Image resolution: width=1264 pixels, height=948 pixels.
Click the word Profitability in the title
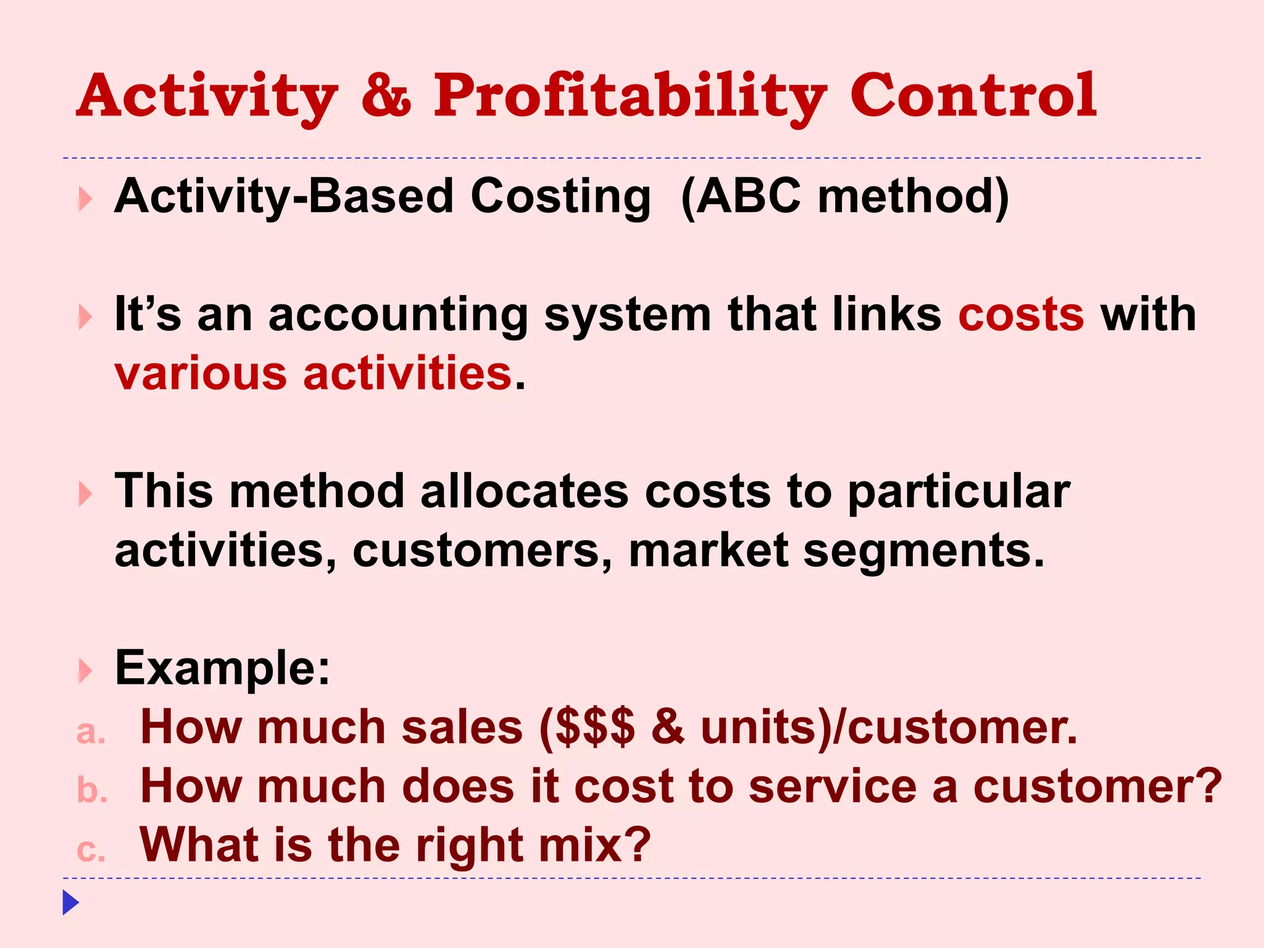tap(630, 96)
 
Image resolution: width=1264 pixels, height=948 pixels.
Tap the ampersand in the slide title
tap(386, 96)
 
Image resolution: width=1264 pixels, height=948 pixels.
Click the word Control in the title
tap(973, 96)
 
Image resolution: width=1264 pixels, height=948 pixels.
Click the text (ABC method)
tap(845, 196)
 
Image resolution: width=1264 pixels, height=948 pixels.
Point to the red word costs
tap(1021, 315)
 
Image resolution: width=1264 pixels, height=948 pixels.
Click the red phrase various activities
tap(314, 373)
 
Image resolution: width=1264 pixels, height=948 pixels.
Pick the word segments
tap(923, 551)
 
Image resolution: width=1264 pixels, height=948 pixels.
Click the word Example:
tap(223, 668)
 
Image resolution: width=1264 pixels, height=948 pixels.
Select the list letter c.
tap(90, 850)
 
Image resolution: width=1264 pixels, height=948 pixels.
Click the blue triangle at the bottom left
tap(70, 903)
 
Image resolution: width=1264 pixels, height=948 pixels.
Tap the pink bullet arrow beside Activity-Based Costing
tap(85, 199)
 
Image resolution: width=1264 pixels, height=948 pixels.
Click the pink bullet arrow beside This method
tap(85, 494)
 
